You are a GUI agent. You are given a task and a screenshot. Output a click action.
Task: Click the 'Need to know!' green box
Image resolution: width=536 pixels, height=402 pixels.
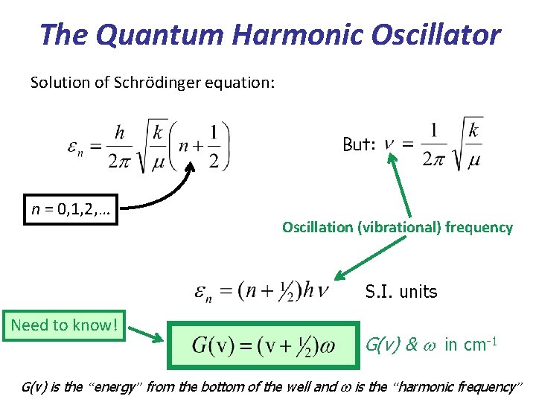coord(64,325)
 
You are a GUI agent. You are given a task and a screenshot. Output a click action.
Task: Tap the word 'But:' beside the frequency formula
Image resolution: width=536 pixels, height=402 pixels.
coord(359,144)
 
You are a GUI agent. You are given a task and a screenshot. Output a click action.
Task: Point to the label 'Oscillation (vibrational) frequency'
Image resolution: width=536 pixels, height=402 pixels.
coord(397,228)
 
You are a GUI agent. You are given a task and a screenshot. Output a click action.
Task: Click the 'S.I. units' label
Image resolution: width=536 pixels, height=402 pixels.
coord(401,292)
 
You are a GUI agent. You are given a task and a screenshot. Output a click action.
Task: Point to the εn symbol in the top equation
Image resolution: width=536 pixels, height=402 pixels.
coord(75,149)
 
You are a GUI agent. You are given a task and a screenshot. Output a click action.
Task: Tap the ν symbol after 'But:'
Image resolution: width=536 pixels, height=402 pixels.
coord(389,144)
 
